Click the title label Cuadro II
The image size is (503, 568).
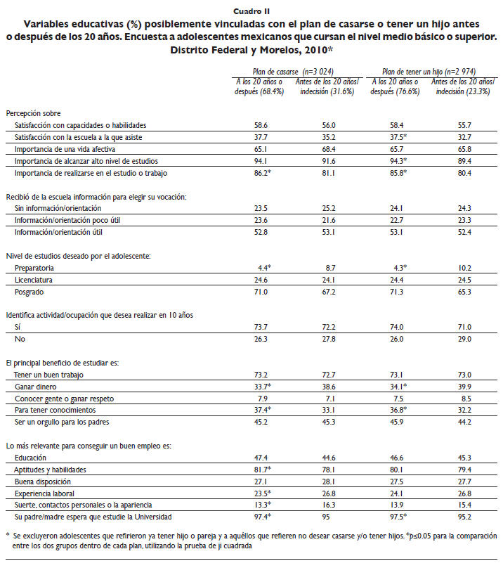(251, 11)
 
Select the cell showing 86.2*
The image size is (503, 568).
(263, 172)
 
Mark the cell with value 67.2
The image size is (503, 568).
(327, 292)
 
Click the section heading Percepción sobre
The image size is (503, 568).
(33, 113)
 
